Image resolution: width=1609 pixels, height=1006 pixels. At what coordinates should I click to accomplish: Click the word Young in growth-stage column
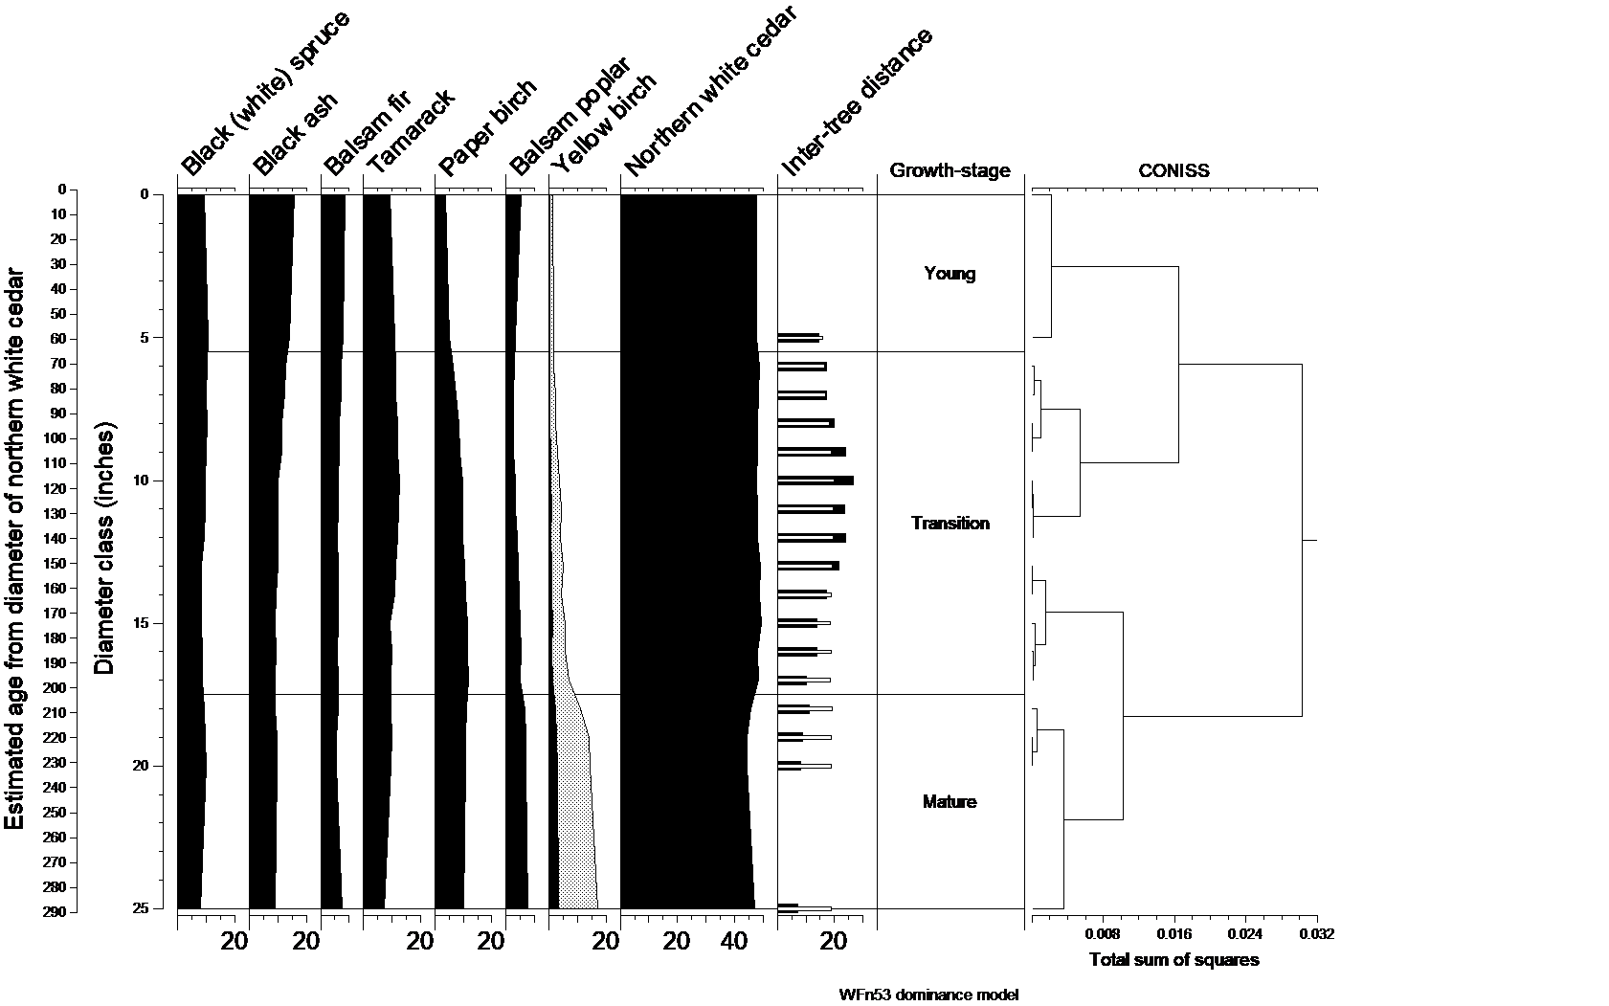(950, 274)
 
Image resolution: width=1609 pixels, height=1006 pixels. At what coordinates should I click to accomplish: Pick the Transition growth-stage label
(950, 524)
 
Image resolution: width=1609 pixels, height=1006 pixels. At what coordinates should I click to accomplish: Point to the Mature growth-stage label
(950, 802)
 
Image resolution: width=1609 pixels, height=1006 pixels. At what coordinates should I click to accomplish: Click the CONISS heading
(1173, 171)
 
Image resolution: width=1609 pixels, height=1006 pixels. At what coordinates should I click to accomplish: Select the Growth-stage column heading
(950, 171)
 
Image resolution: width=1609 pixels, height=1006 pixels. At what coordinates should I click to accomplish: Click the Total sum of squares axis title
(1173, 960)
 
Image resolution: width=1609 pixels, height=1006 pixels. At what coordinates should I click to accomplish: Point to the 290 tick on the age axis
(54, 912)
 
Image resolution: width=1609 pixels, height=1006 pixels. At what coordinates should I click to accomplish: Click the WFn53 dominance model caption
(928, 995)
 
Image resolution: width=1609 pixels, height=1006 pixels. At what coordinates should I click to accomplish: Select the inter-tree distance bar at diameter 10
(815, 481)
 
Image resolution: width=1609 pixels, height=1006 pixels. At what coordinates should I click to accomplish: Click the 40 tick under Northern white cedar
(734, 942)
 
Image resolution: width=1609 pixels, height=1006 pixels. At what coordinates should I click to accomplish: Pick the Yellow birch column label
(604, 124)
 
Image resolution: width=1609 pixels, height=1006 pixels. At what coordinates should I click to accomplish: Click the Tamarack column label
(410, 132)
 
